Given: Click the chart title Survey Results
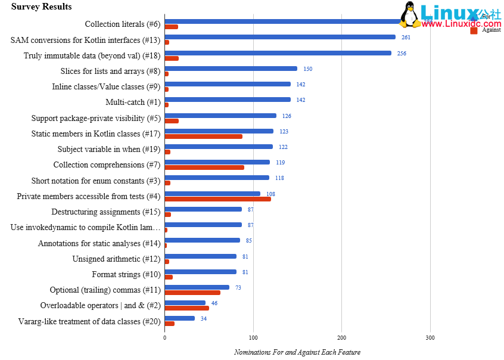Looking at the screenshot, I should point(41,7).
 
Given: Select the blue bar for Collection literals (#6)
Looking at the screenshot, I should point(286,21).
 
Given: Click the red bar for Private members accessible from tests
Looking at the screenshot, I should point(218,198).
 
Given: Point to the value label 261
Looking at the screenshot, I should point(406,37).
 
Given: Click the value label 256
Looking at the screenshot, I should point(402,53).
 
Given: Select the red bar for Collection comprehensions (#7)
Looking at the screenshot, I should point(204,167).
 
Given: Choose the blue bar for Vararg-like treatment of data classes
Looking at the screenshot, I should point(180,318).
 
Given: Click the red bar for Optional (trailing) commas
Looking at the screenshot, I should point(192,293).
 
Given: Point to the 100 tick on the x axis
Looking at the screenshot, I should point(253,337).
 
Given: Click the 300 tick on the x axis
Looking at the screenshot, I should point(430,337).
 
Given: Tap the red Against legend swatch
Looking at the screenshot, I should point(474,29).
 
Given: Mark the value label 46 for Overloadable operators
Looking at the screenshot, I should point(214,303).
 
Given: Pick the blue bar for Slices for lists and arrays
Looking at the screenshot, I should point(231,69).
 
